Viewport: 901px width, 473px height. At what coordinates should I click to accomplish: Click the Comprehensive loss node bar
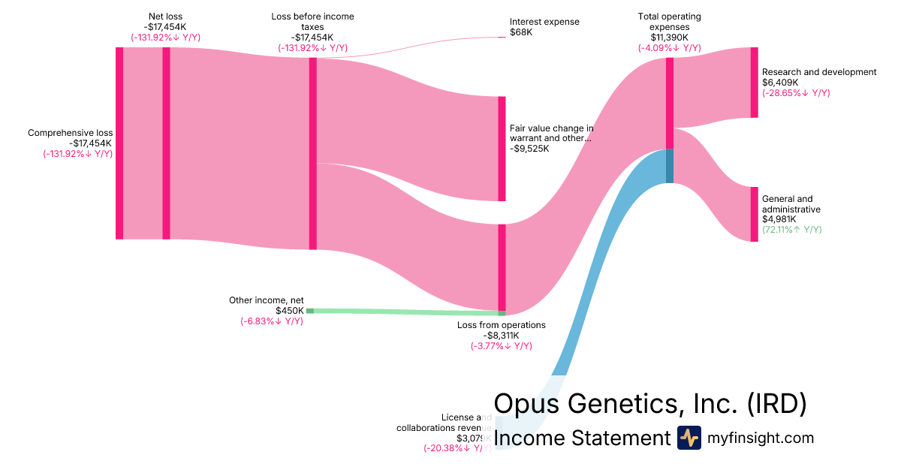tap(119, 143)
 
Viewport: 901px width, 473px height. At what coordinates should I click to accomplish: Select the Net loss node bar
tap(167, 143)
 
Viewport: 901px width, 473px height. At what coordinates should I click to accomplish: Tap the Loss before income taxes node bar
tap(313, 153)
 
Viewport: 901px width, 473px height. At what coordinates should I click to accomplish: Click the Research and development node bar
tap(754, 83)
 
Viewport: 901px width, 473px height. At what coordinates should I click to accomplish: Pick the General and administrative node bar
tap(754, 214)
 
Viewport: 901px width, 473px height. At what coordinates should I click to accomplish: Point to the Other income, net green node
tap(309, 310)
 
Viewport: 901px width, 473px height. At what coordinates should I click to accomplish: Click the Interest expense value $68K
tap(521, 33)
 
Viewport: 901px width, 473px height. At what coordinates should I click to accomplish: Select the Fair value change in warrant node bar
tap(502, 149)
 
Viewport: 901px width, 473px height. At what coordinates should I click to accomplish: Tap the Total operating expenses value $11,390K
tap(669, 38)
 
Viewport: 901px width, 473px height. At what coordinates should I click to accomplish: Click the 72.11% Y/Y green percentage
tap(791, 230)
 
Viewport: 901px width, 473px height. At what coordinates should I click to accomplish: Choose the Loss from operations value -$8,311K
tap(501, 336)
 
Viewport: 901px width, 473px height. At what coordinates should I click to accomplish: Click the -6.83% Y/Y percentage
tap(271, 321)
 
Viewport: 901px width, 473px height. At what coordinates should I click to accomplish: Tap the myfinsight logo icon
tap(689, 438)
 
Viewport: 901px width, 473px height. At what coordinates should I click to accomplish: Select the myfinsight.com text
tap(760, 438)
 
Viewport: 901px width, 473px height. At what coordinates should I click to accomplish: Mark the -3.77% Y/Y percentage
tap(501, 346)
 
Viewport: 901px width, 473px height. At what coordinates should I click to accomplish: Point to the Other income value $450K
tap(289, 311)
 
